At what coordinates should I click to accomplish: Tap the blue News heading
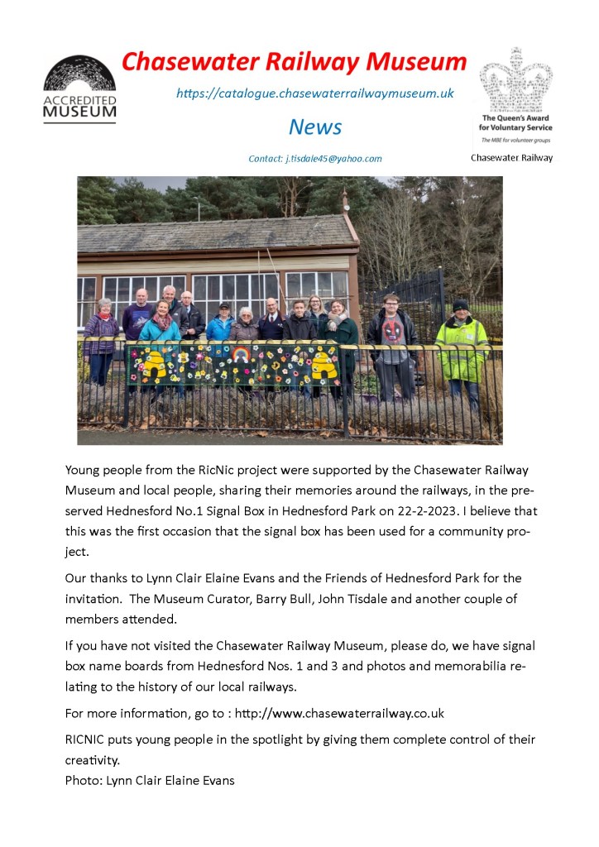pyautogui.click(x=315, y=127)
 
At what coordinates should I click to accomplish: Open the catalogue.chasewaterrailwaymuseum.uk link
pyautogui.click(x=314, y=93)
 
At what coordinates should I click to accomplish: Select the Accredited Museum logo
pyautogui.click(x=79, y=89)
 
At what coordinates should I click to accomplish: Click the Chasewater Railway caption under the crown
pyautogui.click(x=512, y=157)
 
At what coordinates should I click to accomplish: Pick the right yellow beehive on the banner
pyautogui.click(x=322, y=363)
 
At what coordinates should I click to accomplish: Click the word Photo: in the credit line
pyautogui.click(x=84, y=779)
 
